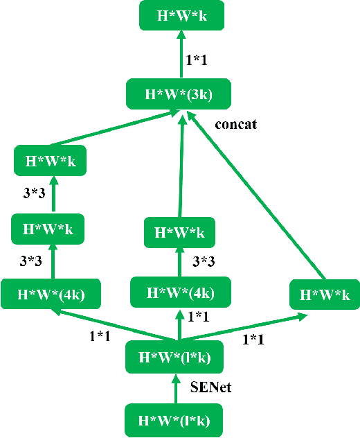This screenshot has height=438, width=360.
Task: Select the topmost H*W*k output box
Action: point(183,15)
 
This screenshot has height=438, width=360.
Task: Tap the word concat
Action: point(236,125)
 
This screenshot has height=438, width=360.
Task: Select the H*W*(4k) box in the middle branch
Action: point(181,292)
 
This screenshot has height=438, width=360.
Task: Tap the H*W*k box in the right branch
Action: point(325,295)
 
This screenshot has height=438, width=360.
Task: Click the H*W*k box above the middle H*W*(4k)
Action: point(179,232)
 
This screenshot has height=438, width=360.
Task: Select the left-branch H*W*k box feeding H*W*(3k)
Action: point(50,161)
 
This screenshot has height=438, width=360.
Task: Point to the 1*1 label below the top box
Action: point(197,60)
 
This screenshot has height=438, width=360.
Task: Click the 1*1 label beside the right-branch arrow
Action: point(254,340)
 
